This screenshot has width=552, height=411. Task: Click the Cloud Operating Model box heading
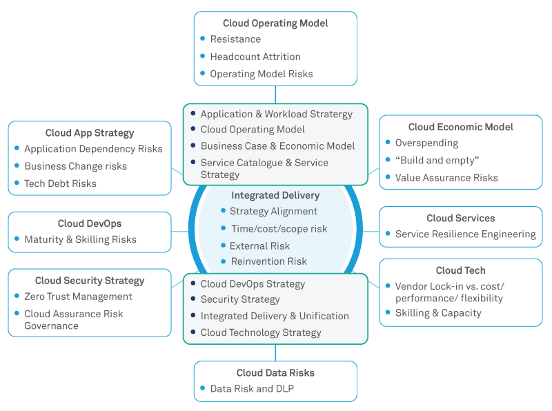click(x=275, y=23)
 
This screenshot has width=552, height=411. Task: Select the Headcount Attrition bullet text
click(x=255, y=57)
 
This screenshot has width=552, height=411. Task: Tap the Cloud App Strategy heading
click(x=90, y=133)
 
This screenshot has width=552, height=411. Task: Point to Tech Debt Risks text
click(x=60, y=183)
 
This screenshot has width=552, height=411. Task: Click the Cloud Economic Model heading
click(x=461, y=127)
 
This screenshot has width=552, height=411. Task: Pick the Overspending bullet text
click(x=426, y=143)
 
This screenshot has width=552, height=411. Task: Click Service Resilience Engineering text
click(x=465, y=234)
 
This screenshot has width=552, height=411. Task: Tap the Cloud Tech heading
click(x=461, y=270)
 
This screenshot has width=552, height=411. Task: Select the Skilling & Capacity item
click(x=438, y=313)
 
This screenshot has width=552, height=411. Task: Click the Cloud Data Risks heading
click(x=275, y=373)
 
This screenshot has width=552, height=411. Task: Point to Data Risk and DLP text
click(x=252, y=389)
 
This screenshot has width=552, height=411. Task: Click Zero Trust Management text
click(x=78, y=297)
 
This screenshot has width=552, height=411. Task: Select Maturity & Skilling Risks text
click(x=80, y=240)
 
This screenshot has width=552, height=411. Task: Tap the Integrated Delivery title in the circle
click(x=275, y=196)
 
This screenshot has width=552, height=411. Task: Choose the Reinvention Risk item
click(x=259, y=261)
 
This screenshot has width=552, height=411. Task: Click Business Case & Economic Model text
click(x=277, y=146)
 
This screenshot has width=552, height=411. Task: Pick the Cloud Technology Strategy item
click(x=261, y=332)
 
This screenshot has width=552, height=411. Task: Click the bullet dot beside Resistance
click(x=203, y=39)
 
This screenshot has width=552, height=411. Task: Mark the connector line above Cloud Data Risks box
click(x=275, y=352)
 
